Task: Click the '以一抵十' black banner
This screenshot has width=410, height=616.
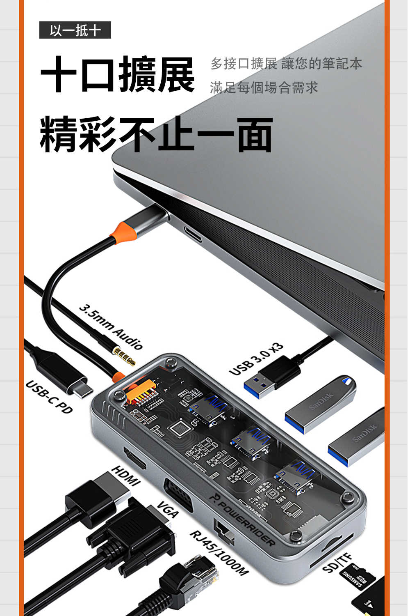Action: pyautogui.click(x=75, y=30)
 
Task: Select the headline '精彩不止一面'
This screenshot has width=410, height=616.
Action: pyautogui.click(x=156, y=135)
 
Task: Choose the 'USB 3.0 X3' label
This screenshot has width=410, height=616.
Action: pyautogui.click(x=256, y=360)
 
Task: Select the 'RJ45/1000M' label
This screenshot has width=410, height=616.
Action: pyautogui.click(x=219, y=553)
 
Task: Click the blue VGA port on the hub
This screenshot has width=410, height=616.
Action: pyautogui.click(x=178, y=495)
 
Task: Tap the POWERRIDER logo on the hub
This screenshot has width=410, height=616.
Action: pyautogui.click(x=242, y=519)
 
